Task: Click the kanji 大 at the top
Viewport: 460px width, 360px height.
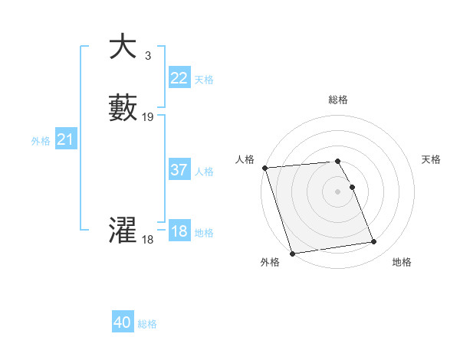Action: pos(122,47)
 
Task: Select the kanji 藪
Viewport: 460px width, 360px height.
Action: pos(123,108)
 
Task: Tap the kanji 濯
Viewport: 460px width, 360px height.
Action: pos(123,230)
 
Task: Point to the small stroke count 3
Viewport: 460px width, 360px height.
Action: pos(147,55)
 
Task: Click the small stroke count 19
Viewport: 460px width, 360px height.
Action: pos(148,117)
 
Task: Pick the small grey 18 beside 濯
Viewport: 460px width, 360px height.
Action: pos(147,240)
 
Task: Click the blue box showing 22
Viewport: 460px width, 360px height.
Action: pos(179,78)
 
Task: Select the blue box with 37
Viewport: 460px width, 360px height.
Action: pos(179,170)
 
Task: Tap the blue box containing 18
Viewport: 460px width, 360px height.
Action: pos(179,231)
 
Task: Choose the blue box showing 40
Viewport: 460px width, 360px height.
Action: pos(123,322)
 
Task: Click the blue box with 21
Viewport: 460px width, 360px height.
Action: pos(65,139)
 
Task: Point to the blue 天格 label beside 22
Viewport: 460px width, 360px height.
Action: pos(204,80)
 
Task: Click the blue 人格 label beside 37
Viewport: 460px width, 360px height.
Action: pos(204,172)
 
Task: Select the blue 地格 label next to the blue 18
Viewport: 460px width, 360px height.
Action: pos(204,233)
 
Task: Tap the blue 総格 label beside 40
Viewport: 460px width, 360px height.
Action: pos(147,324)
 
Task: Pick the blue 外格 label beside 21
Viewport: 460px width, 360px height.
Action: pos(41,141)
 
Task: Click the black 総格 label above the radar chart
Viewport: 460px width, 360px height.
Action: pos(338,100)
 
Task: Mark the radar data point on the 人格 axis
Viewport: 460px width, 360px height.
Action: pos(265,168)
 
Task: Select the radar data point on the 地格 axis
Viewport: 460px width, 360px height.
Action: pos(373,242)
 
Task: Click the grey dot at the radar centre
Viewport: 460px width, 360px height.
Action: pos(338,191)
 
